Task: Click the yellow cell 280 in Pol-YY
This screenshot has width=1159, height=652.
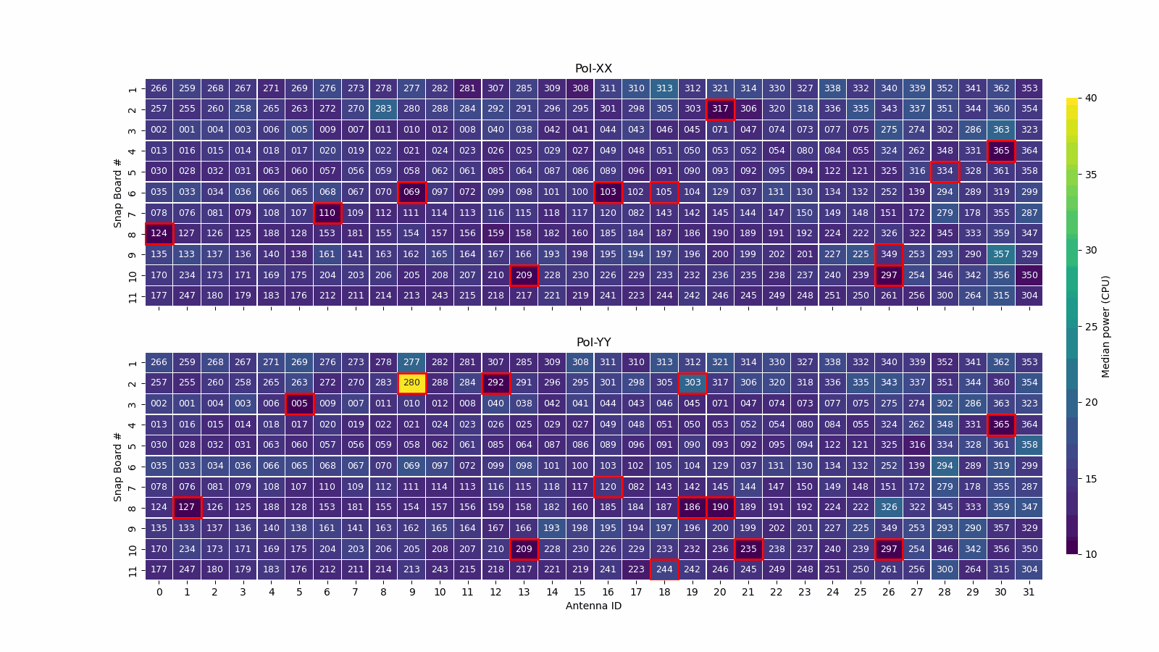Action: click(411, 383)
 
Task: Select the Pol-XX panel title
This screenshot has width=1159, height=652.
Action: click(593, 69)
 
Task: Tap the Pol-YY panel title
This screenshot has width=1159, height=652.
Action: click(593, 343)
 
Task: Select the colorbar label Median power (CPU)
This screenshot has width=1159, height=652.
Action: click(1105, 326)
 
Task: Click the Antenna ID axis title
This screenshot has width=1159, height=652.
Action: click(593, 606)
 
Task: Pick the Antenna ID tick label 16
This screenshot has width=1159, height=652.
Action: click(608, 592)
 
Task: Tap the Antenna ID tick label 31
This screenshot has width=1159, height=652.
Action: click(1029, 592)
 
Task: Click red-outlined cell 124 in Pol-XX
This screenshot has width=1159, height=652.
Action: click(159, 233)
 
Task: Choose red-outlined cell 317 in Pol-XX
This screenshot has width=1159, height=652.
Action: click(720, 109)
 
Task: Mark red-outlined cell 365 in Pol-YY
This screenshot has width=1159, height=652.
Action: click(1001, 425)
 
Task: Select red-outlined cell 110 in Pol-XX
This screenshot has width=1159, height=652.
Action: click(327, 213)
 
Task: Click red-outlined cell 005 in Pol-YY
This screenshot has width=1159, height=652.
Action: click(299, 404)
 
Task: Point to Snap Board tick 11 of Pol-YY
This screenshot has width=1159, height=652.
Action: click(133, 570)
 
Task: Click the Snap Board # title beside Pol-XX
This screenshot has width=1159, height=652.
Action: click(118, 192)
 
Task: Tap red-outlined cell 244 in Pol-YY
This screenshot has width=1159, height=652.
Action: click(664, 569)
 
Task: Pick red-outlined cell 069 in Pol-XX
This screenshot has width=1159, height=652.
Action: click(411, 192)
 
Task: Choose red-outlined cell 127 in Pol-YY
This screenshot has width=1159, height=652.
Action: click(187, 507)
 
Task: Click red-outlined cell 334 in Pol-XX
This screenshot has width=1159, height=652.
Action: click(945, 171)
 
